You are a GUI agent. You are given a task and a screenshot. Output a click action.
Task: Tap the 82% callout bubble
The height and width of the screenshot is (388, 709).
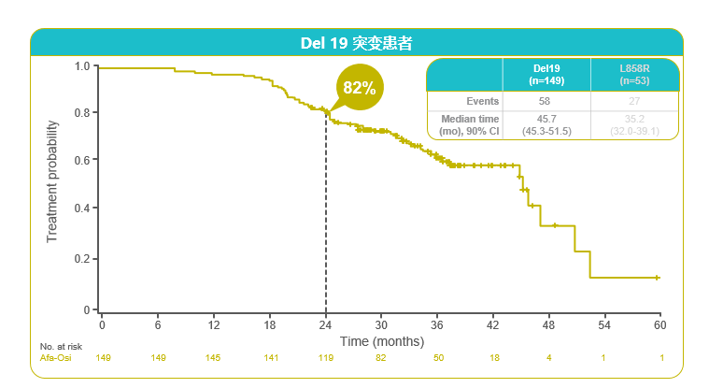tap(359, 88)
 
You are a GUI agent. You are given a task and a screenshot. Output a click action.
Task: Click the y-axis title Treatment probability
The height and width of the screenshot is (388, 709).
tap(53, 181)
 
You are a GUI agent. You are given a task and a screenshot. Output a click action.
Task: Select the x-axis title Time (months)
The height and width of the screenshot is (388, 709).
tap(382, 341)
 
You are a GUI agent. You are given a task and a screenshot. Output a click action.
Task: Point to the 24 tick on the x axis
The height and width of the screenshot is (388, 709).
tap(325, 324)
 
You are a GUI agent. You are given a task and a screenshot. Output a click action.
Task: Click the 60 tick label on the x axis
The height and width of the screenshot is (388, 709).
tap(660, 324)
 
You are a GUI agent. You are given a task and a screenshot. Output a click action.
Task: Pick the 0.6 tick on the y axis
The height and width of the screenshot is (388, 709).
tap(82, 161)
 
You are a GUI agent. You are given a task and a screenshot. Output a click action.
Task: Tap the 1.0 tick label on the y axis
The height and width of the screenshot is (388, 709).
tap(82, 67)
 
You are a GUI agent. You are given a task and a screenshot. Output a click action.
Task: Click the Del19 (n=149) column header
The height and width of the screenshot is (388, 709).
tap(546, 75)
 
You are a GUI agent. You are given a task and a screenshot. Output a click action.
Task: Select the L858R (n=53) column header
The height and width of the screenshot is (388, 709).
tap(636, 75)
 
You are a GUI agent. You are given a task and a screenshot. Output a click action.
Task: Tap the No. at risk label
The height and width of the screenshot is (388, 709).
tap(61, 347)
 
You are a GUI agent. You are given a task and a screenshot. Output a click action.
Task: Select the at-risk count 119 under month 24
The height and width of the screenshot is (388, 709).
tap(325, 358)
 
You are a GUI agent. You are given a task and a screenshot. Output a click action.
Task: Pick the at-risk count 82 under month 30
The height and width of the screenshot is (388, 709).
tap(381, 358)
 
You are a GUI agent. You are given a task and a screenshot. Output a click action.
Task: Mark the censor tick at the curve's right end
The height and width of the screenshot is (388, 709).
tap(658, 278)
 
